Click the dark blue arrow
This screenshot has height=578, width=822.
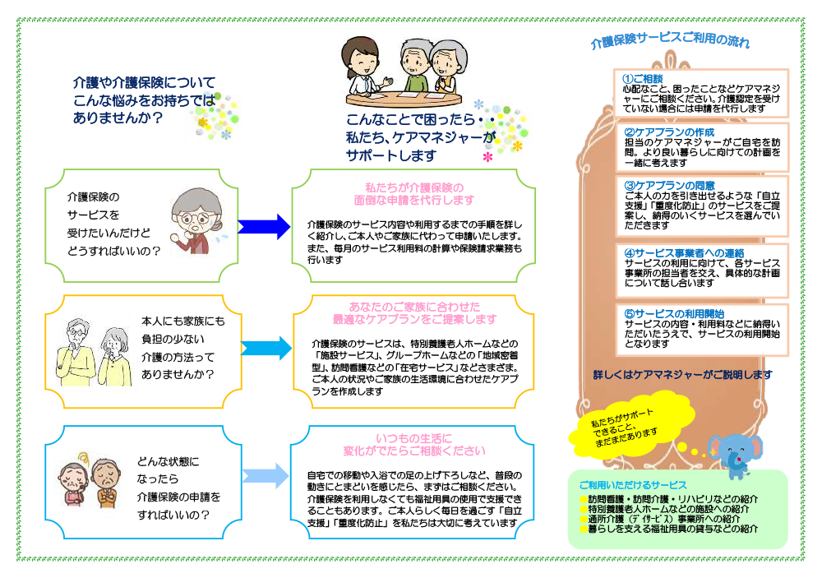[x=264, y=225]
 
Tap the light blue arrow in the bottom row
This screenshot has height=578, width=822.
[x=264, y=475]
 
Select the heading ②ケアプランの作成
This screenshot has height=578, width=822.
[x=670, y=132]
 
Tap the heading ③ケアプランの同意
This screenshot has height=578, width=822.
[x=670, y=185]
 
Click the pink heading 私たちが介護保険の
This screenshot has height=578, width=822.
[x=414, y=187]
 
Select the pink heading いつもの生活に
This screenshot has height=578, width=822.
[x=414, y=438]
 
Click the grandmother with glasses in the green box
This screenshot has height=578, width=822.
[x=195, y=220]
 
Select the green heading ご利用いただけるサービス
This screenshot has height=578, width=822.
[x=633, y=485]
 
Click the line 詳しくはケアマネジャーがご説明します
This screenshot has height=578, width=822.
[x=682, y=375]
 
